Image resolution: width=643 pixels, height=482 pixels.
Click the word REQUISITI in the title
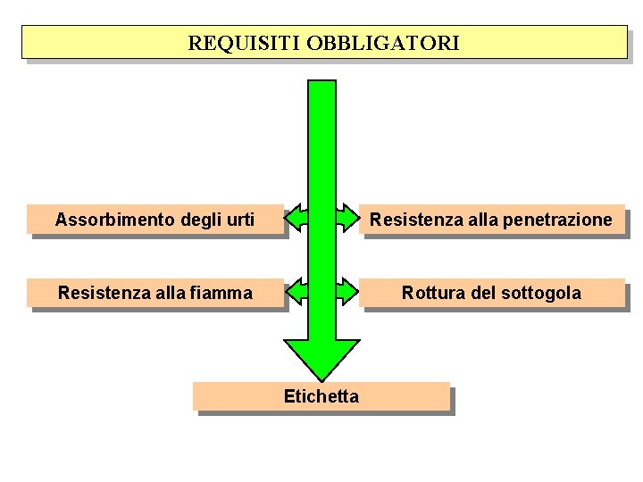click(x=244, y=43)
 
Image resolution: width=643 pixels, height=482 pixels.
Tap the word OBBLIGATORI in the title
click(x=383, y=43)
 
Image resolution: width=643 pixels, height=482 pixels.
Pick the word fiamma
click(x=223, y=293)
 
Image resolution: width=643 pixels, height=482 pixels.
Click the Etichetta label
click(x=321, y=397)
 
